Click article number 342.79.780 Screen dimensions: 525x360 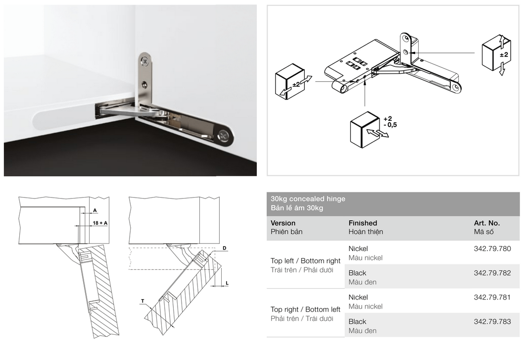point(492,249)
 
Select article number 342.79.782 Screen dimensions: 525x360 point(492,273)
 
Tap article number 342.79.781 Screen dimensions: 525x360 point(492,297)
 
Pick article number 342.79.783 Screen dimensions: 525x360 point(492,321)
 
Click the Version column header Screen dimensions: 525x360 point(283,223)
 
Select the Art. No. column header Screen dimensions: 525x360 point(487,223)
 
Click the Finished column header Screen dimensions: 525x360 point(363,223)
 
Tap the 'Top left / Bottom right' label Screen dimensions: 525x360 point(305,261)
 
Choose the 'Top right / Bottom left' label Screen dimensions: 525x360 point(305,309)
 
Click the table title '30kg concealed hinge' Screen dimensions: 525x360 point(308,199)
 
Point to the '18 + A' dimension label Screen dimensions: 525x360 point(100,223)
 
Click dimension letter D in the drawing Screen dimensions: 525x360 point(224,249)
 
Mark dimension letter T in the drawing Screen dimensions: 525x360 point(143,301)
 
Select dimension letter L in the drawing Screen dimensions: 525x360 point(227,283)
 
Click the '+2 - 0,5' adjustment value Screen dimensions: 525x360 point(390,122)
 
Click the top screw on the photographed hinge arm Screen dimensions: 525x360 point(145,61)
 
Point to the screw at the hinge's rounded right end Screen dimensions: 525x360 point(223,135)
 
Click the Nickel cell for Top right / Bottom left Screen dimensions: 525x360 point(358,297)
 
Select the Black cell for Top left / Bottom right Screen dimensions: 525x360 point(357,273)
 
